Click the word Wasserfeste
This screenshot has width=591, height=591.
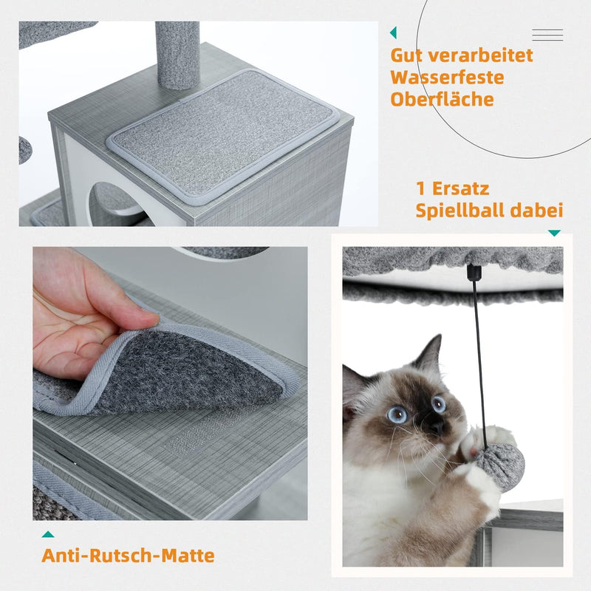tap(448, 78)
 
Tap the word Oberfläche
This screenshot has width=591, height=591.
tap(442, 99)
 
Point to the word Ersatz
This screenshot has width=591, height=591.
tap(460, 188)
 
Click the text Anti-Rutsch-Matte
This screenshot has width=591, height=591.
tap(128, 556)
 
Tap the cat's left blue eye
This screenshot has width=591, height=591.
tap(397, 414)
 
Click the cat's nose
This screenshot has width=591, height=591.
tap(437, 426)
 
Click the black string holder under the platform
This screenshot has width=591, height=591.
tap(474, 272)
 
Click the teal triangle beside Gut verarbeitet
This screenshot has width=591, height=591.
tap(393, 33)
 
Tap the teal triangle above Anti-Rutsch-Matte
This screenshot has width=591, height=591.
tap(48, 534)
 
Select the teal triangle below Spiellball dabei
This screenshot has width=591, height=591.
tap(554, 233)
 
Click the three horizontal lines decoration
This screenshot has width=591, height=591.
tap(547, 35)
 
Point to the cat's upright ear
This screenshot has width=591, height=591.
tap(429, 353)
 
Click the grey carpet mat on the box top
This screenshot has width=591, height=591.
tap(223, 137)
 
